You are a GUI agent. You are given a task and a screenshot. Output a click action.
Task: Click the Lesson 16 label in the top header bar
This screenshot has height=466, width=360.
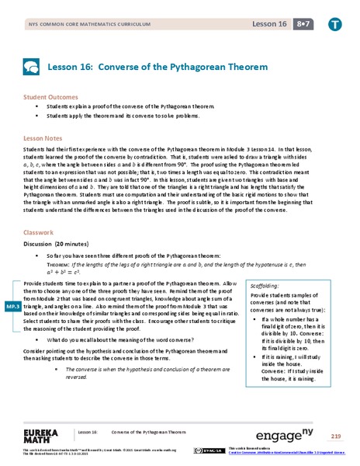click(268, 24)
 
